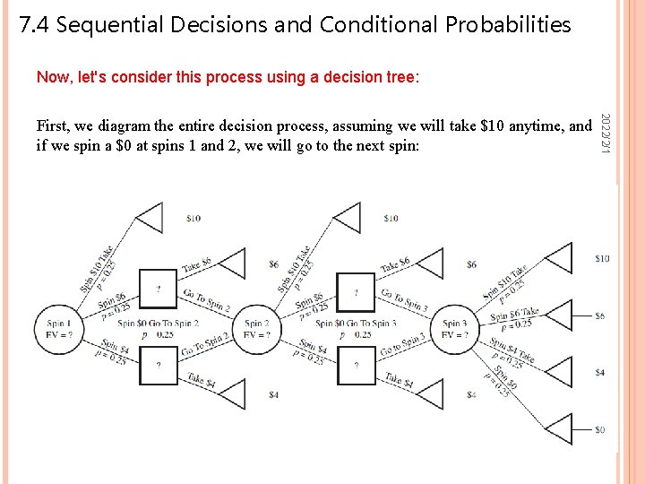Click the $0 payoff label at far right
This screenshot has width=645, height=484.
pyautogui.click(x=599, y=429)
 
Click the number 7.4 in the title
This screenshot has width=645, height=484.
pyautogui.click(x=34, y=25)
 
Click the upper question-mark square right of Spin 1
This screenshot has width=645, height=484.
pyautogui.click(x=159, y=289)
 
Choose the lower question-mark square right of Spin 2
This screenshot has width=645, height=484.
pyautogui.click(x=356, y=366)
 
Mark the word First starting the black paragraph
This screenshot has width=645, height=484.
pyautogui.click(x=53, y=126)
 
